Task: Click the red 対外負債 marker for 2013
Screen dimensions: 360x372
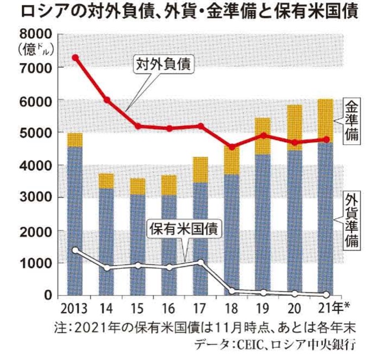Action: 75,58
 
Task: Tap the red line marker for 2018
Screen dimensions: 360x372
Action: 232,147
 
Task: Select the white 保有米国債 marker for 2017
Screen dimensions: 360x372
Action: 201,263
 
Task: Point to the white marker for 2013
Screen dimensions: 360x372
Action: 75,250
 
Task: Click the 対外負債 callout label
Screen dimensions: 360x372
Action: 163,64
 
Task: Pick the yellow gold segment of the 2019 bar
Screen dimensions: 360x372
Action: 264,136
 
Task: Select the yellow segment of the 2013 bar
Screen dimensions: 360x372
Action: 75,140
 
